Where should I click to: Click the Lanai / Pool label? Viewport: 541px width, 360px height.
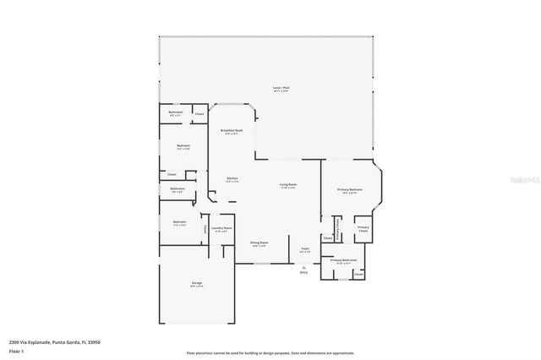click(281, 88)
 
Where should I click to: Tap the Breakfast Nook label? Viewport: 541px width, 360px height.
click(232, 130)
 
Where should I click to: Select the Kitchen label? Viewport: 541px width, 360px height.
click(232, 178)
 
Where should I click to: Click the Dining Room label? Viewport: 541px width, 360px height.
click(259, 243)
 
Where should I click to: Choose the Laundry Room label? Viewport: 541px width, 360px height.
click(221, 228)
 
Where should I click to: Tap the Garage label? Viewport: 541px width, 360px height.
click(196, 283)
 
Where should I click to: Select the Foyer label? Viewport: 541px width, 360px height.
click(305, 248)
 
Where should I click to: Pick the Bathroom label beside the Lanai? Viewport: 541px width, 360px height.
click(176, 112)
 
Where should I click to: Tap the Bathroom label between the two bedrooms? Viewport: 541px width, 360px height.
click(178, 188)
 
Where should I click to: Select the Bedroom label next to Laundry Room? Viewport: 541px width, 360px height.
click(179, 223)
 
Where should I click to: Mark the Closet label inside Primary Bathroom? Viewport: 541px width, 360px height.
click(358, 274)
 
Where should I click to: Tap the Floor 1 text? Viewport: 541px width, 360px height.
click(15, 350)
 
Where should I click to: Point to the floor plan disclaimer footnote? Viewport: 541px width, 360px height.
click(270, 352)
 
